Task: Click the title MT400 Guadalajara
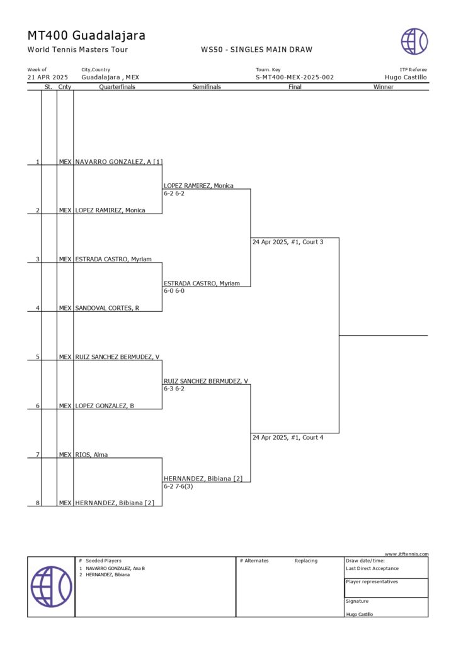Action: pyautogui.click(x=86, y=35)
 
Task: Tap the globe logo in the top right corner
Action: pyautogui.click(x=414, y=42)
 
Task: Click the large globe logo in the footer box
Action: pyautogui.click(x=51, y=586)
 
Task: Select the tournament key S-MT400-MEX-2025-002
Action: pyautogui.click(x=294, y=77)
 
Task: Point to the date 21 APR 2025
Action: pyautogui.click(x=48, y=77)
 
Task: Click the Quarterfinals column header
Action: pyautogui.click(x=117, y=87)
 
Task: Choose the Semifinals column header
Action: pyautogui.click(x=207, y=87)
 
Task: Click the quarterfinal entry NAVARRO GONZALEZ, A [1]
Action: pyautogui.click(x=118, y=162)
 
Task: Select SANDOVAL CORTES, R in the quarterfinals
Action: pyautogui.click(x=108, y=308)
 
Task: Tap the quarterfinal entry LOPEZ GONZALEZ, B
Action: pyautogui.click(x=105, y=406)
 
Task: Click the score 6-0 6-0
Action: pyautogui.click(x=174, y=291)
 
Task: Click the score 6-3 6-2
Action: pyautogui.click(x=174, y=389)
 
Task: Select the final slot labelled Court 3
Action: pyautogui.click(x=288, y=242)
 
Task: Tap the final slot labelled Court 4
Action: pyautogui.click(x=288, y=437)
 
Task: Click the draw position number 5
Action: pyautogui.click(x=38, y=357)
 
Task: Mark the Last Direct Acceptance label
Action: pyautogui.click(x=372, y=568)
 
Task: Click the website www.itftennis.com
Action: pyautogui.click(x=406, y=554)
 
